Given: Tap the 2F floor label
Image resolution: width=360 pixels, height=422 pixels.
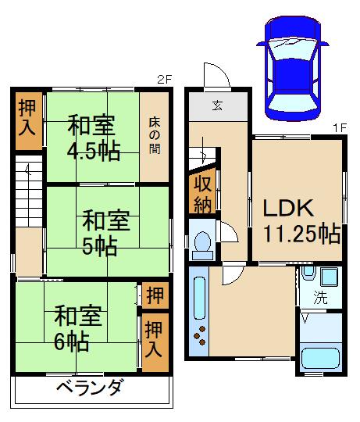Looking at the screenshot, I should pyautogui.click(x=163, y=80).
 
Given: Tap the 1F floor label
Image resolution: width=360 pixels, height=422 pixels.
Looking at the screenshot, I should pyautogui.click(x=339, y=127).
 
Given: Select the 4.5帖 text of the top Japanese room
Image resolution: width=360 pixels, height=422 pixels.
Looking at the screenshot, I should pyautogui.click(x=93, y=151).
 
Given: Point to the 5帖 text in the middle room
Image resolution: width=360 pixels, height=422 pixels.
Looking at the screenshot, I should pyautogui.click(x=100, y=245).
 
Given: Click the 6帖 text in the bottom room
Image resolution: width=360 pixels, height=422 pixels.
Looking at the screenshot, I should pyautogui.click(x=71, y=342).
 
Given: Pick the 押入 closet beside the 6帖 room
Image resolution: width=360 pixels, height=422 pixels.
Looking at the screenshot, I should pyautogui.click(x=155, y=342).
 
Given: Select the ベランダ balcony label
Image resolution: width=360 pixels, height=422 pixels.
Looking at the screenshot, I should pyautogui.click(x=90, y=388).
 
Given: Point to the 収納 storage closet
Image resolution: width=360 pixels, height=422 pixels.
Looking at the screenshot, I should pyautogui.click(x=203, y=192).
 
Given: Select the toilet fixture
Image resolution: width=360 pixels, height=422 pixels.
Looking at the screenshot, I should pyautogui.click(x=203, y=244).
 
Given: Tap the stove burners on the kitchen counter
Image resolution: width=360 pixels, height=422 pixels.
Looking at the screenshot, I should pyautogui.click(x=201, y=337).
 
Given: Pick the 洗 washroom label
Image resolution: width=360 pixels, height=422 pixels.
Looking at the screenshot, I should pyautogui.click(x=319, y=298).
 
